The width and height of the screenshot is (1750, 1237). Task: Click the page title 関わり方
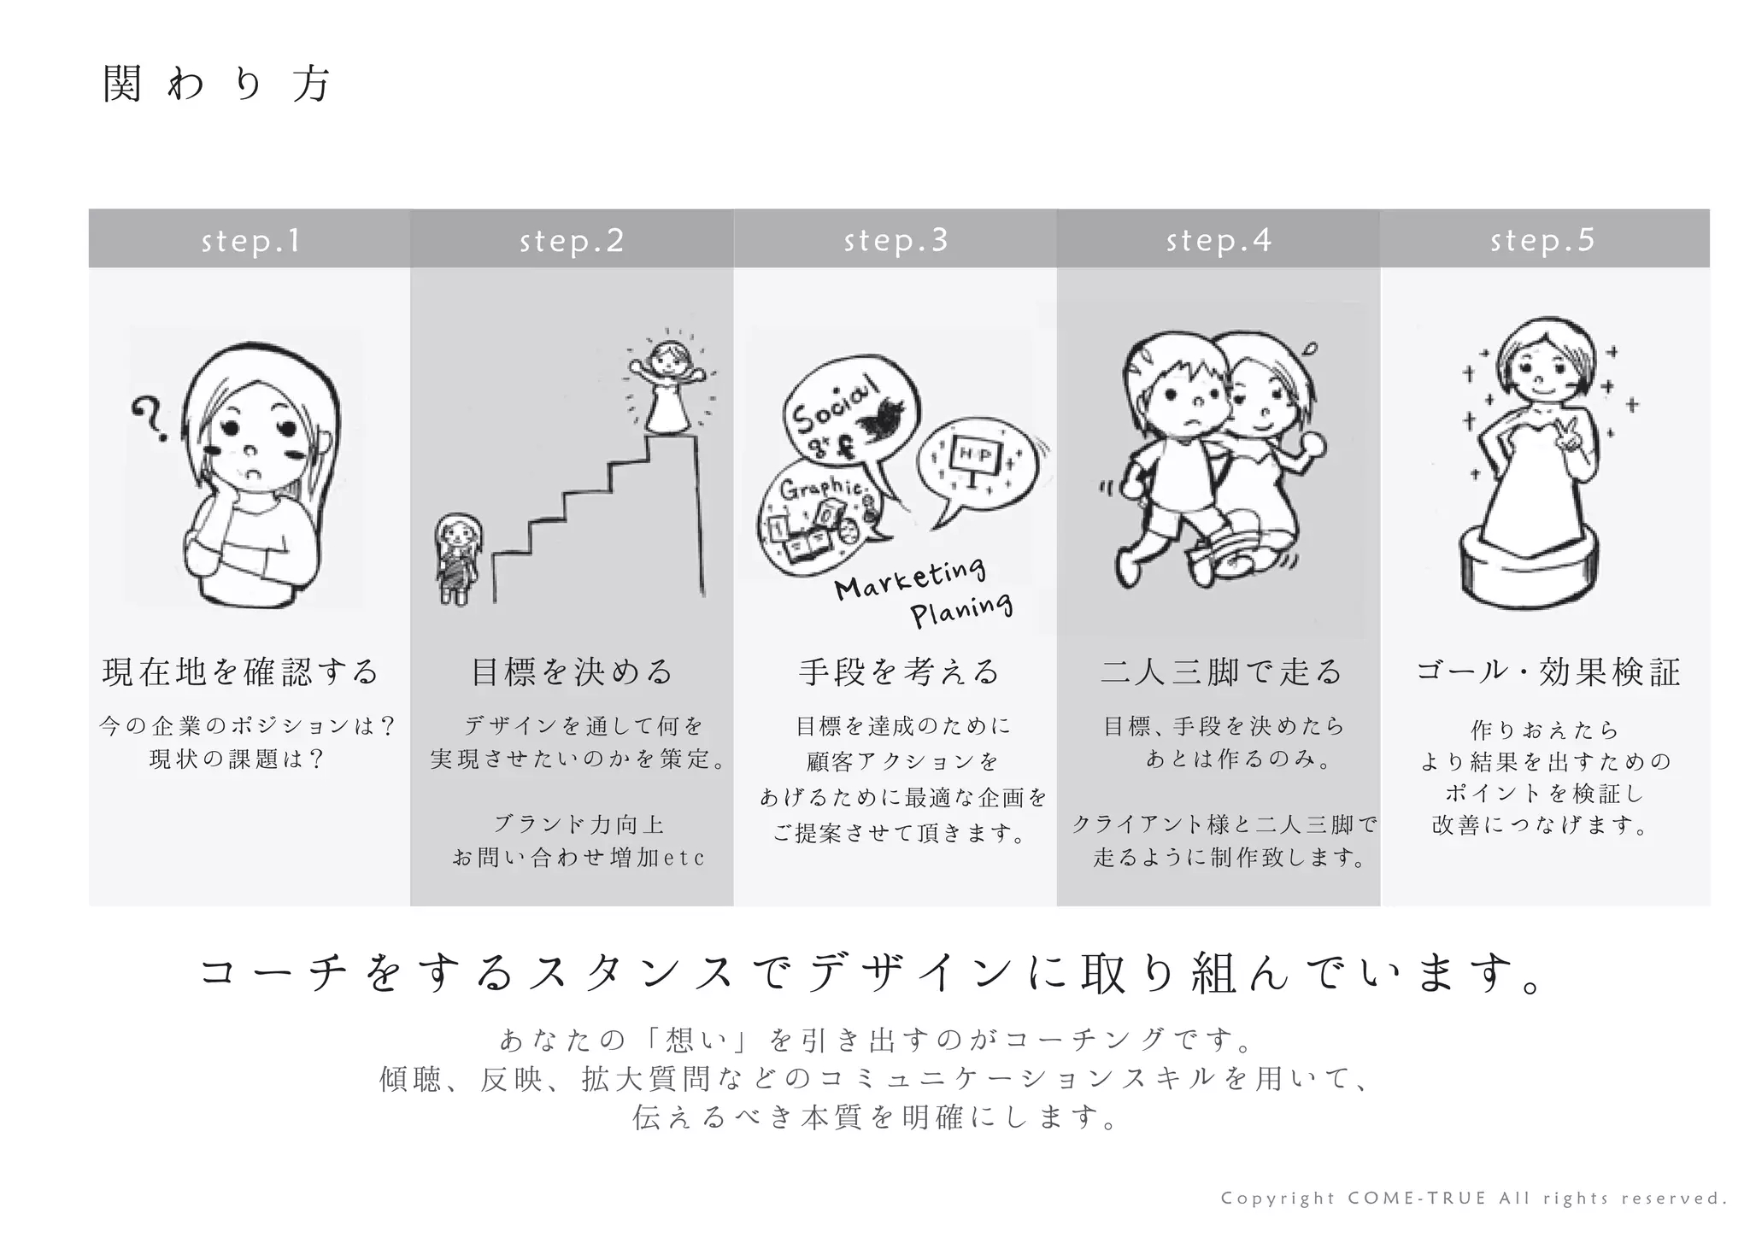pyautogui.click(x=215, y=85)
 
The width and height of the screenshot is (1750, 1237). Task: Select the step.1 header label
pyautogui.click(x=250, y=241)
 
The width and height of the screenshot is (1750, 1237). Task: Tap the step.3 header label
pyautogui.click(x=896, y=241)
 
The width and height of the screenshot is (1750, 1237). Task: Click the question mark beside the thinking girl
pyautogui.click(x=150, y=417)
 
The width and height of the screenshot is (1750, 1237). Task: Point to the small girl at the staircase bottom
pyautogui.click(x=458, y=559)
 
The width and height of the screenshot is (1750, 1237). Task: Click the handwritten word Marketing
pyautogui.click(x=909, y=578)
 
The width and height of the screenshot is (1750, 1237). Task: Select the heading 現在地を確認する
pyautogui.click(x=240, y=671)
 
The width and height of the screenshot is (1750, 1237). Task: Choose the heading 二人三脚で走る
pyautogui.click(x=1221, y=671)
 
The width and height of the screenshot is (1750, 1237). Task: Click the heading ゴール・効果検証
pyautogui.click(x=1547, y=671)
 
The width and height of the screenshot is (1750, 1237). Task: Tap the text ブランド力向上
pyautogui.click(x=578, y=824)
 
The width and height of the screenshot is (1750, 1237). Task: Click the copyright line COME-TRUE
pyautogui.click(x=1473, y=1199)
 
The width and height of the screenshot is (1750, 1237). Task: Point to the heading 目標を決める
pyautogui.click(x=572, y=671)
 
